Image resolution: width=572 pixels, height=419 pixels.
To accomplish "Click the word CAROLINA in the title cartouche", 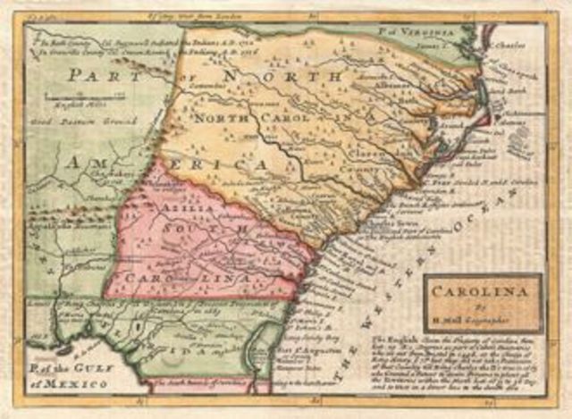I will coord(482,290).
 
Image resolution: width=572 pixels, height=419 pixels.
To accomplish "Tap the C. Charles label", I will coord(510,41).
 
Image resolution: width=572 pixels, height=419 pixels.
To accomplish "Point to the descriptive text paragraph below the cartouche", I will coord(465,365).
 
